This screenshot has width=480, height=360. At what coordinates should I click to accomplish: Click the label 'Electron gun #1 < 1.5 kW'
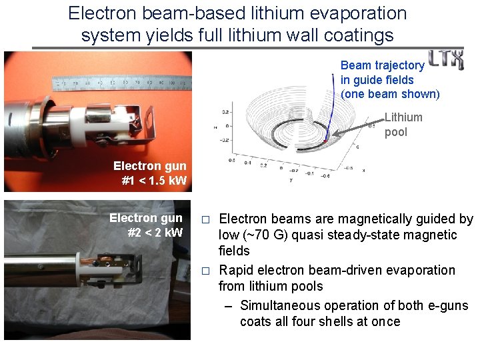tap(150, 173)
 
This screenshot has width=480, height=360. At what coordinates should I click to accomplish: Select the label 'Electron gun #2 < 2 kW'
tap(146, 225)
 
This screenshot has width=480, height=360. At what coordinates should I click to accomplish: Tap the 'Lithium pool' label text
tap(403, 125)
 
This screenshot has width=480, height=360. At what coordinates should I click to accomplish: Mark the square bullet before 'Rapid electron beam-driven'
tap(207, 271)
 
